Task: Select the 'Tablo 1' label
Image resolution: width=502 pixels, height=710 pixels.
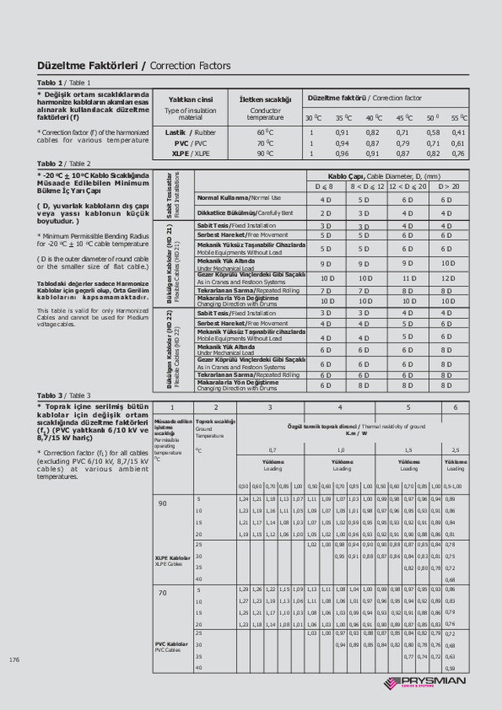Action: coord(51,82)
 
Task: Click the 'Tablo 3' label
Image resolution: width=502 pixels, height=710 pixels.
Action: coord(51,396)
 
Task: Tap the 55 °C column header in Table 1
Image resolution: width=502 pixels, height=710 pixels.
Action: coord(459,118)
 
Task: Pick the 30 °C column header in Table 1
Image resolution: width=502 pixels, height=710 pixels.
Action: coord(314,118)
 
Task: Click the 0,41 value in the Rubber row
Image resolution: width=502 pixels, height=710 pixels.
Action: coord(459,132)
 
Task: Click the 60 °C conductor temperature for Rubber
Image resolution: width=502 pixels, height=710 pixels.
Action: coord(265,132)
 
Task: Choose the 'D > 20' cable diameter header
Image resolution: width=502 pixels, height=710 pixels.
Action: coord(448,187)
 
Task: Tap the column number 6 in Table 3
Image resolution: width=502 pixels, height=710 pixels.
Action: coord(456,408)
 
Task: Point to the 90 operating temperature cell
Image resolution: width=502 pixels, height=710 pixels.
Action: coord(162,502)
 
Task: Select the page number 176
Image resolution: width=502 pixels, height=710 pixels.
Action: coord(14,660)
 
